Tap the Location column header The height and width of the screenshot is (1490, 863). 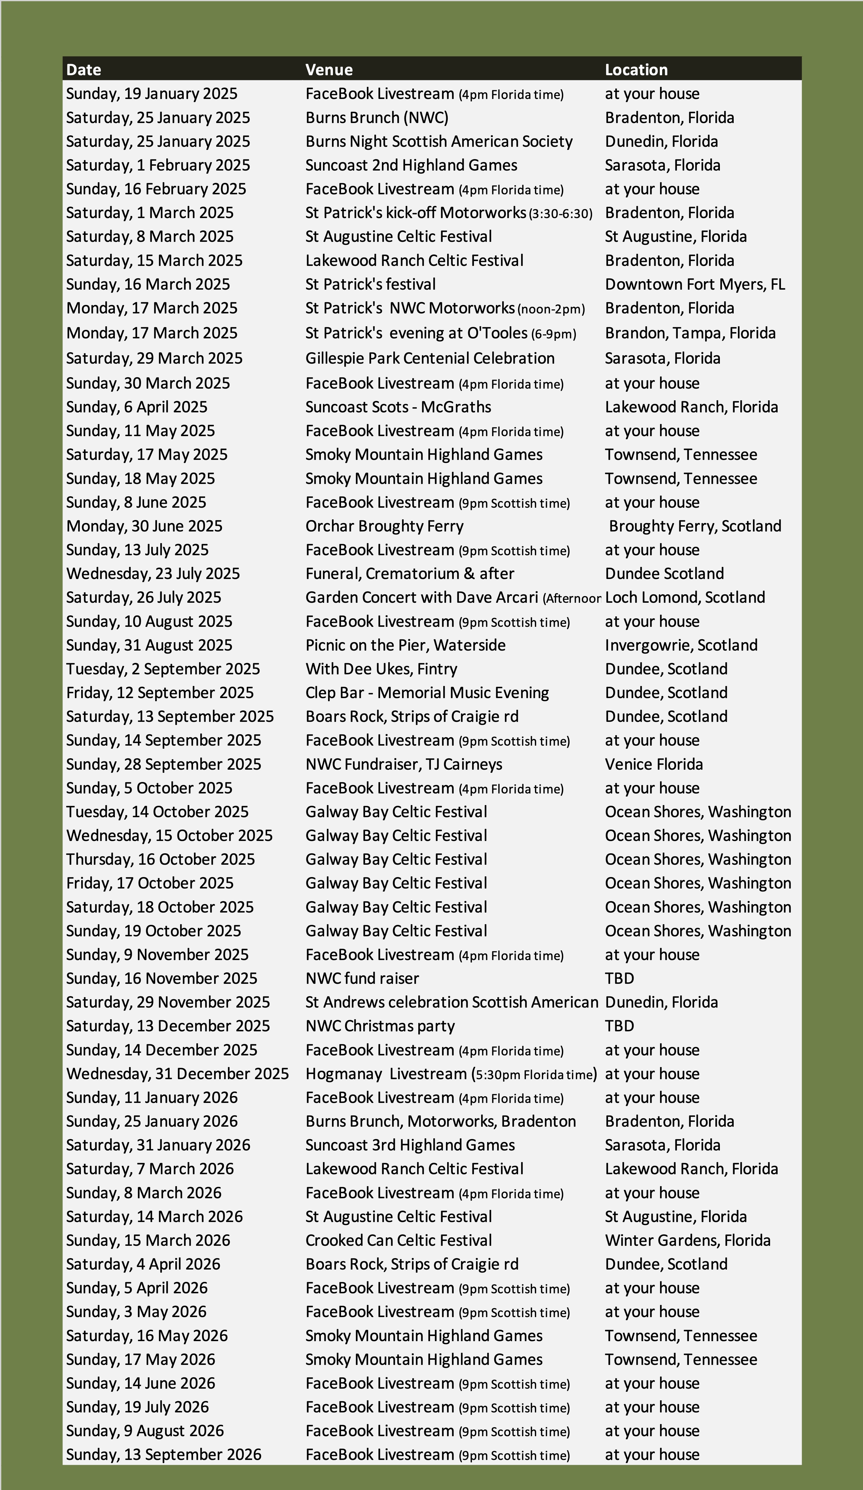tap(636, 70)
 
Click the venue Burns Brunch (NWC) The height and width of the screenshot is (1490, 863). tap(376, 118)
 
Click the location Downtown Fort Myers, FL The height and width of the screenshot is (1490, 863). tap(695, 285)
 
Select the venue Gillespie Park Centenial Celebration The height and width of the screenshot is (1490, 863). tap(430, 358)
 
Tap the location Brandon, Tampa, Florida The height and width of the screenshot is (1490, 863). tap(690, 333)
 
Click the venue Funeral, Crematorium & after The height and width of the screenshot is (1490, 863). tap(410, 574)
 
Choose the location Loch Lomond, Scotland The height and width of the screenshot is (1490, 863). tap(684, 597)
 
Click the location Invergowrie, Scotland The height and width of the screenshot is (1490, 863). tap(681, 645)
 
